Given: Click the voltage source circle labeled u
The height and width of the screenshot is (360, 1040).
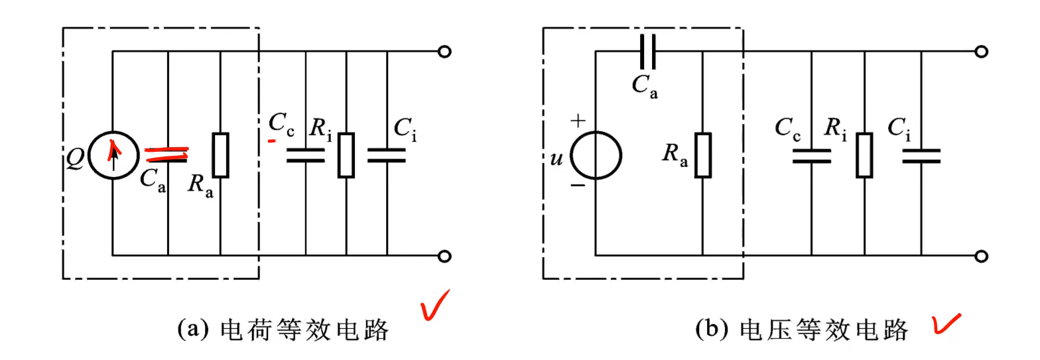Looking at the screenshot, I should pyautogui.click(x=596, y=154).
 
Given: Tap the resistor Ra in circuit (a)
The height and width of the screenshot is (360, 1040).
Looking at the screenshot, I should pyautogui.click(x=220, y=155).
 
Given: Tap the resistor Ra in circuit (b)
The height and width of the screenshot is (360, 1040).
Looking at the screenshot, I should pyautogui.click(x=703, y=155).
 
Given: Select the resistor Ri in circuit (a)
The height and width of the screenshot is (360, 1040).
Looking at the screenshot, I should pyautogui.click(x=346, y=155).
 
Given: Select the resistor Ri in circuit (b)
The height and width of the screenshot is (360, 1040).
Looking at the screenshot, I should pyautogui.click(x=864, y=155).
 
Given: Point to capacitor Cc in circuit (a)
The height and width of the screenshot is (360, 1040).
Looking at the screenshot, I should pyautogui.click(x=306, y=155).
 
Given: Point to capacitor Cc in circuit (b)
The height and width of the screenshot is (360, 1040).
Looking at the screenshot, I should pyautogui.click(x=811, y=155).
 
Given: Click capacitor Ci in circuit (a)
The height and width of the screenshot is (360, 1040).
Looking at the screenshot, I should pyautogui.click(x=387, y=155).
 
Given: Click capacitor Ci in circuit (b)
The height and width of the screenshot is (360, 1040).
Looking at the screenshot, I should pyautogui.click(x=921, y=155).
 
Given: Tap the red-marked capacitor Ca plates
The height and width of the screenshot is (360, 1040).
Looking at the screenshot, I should pyautogui.click(x=167, y=154).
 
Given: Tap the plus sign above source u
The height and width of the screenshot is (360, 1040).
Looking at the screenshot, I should pyautogui.click(x=578, y=121).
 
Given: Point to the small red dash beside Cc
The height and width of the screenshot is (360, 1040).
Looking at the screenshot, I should pyautogui.click(x=272, y=141).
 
